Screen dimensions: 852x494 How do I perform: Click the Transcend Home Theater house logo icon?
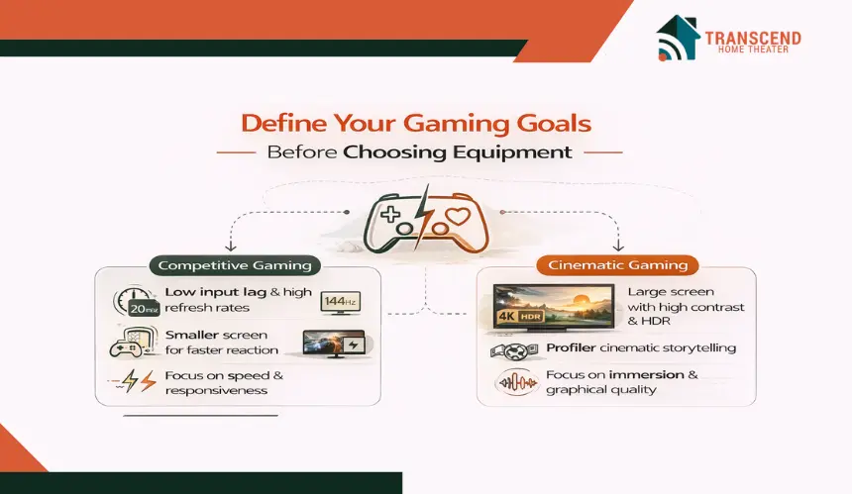tap(677, 38)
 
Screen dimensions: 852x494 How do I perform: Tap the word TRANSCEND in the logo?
tap(753, 38)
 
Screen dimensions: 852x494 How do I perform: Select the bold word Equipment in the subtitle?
tap(512, 152)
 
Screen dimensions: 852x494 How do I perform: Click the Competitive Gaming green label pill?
tap(235, 265)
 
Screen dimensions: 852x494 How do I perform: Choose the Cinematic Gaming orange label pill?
tap(617, 265)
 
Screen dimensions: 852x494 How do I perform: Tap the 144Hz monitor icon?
tap(340, 302)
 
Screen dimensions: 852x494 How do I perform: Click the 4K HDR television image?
tap(554, 307)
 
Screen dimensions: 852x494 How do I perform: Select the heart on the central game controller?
tap(458, 217)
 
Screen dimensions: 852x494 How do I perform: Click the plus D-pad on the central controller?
tap(390, 215)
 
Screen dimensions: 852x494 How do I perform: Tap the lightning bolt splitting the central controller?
tap(422, 217)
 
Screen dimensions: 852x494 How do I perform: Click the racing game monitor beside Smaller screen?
tap(334, 345)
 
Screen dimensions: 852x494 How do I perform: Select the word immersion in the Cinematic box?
tap(646, 374)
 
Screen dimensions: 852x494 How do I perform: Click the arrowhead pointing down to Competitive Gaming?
tap(231, 247)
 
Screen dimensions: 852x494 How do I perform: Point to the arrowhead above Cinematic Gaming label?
tap(618, 247)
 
